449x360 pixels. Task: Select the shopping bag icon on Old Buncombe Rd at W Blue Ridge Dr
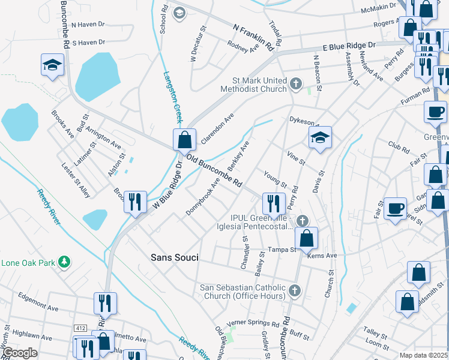[185, 140]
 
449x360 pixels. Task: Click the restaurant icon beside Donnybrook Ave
[135, 202]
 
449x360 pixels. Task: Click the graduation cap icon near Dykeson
[320, 137]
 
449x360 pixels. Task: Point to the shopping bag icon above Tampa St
[306, 238]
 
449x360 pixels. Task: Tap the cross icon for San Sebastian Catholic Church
[294, 290]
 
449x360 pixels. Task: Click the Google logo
[20, 353]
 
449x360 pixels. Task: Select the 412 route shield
[81, 328]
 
